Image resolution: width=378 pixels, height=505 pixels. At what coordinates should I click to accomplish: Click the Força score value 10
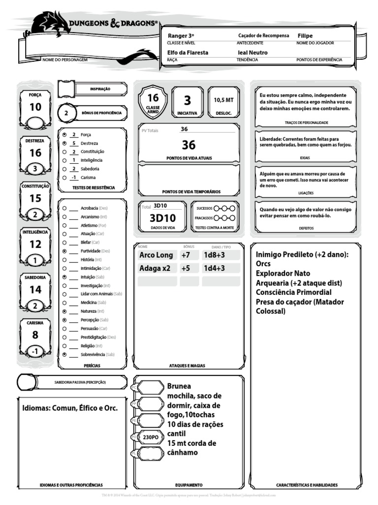click(x=35, y=107)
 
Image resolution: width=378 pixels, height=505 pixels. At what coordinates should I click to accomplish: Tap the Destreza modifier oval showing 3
click(x=35, y=169)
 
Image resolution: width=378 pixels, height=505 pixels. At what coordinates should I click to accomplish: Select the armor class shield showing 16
click(x=153, y=102)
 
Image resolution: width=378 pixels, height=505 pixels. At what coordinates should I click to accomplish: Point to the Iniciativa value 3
click(x=187, y=101)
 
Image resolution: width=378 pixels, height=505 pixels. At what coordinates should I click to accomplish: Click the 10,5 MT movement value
click(x=223, y=100)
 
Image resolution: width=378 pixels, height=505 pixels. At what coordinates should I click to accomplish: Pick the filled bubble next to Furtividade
click(x=65, y=251)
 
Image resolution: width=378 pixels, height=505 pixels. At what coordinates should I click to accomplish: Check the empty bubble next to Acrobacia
click(x=65, y=208)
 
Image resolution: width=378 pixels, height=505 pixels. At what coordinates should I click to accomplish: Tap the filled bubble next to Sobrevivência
click(x=65, y=354)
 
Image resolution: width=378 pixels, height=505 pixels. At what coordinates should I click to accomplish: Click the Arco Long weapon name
click(x=156, y=255)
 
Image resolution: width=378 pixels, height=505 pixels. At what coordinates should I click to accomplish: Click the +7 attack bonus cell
click(x=186, y=255)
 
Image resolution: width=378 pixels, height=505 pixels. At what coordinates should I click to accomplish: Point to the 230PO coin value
click(x=151, y=437)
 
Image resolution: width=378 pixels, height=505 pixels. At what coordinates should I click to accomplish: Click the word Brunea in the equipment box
click(x=179, y=386)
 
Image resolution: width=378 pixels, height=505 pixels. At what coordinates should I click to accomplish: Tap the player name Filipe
click(x=305, y=36)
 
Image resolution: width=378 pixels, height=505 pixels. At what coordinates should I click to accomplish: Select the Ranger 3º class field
click(x=181, y=36)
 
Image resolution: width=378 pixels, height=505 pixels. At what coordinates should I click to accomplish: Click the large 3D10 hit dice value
click(x=163, y=218)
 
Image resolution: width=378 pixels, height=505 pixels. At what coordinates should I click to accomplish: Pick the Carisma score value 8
click(x=35, y=335)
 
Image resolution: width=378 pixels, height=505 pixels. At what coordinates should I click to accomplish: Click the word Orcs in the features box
click(x=263, y=264)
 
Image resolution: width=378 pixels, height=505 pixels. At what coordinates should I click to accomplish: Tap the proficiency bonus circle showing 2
click(x=67, y=113)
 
